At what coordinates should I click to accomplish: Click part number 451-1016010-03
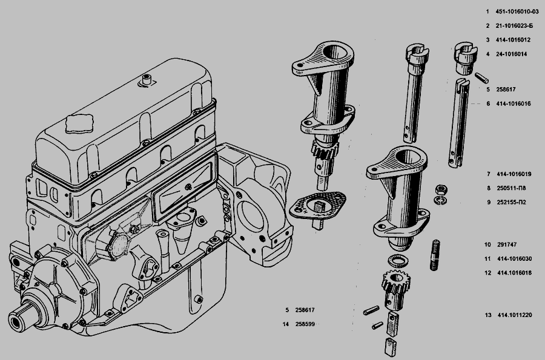tap(517, 11)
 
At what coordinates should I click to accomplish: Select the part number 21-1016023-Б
tap(514, 25)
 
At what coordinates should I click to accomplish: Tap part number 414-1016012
tap(514, 40)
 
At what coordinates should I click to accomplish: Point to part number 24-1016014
tap(511, 54)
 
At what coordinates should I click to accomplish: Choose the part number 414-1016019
tap(514, 174)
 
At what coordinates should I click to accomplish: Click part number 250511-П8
tap(511, 188)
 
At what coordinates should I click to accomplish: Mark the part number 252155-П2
tap(511, 203)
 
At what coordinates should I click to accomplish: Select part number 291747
tap(507, 245)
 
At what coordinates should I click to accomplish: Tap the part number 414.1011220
tap(515, 315)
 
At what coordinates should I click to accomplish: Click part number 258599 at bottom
tap(305, 324)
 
